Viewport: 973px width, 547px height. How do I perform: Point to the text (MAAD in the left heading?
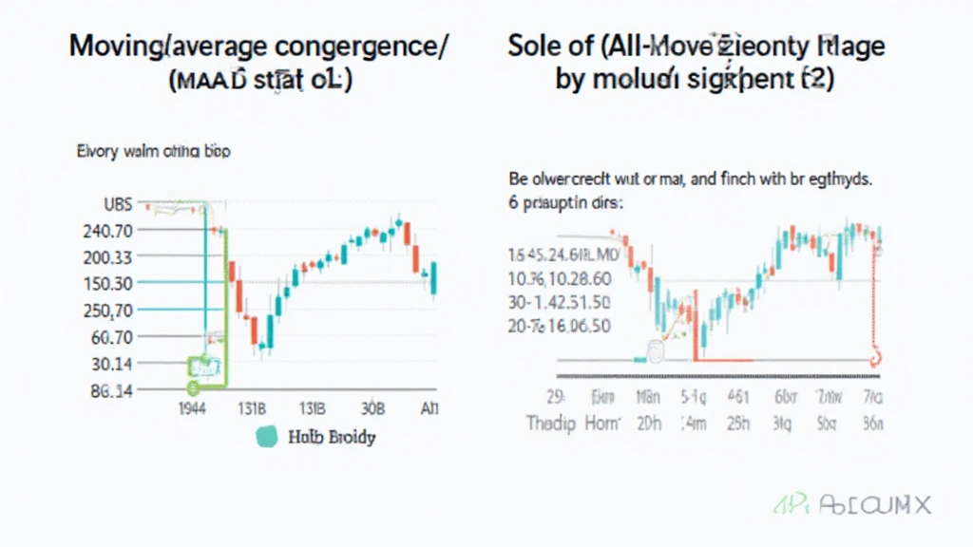(210, 80)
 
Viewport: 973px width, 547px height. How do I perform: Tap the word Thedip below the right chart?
(551, 424)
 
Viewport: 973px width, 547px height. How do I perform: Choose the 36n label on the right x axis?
(870, 424)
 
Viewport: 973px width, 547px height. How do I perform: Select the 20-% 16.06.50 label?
(560, 326)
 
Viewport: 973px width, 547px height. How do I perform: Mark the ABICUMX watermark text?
(880, 504)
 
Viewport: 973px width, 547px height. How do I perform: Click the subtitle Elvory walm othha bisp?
(152, 150)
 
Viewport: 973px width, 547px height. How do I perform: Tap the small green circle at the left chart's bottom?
(193, 387)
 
